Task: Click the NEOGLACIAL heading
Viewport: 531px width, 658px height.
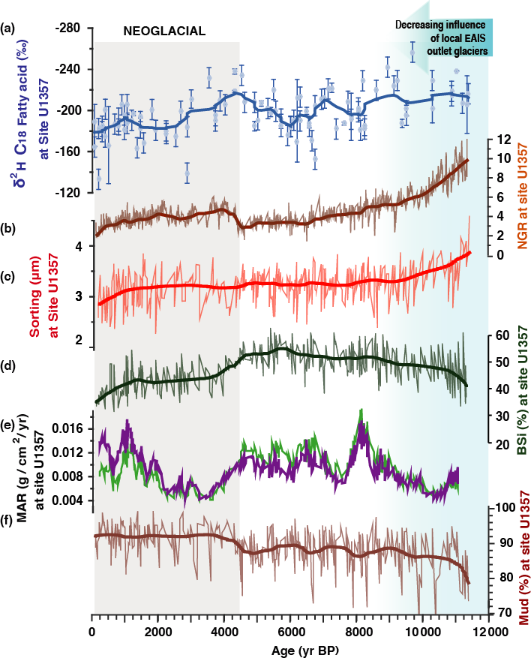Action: (x=163, y=30)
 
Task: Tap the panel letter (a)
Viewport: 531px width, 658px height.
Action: (x=9, y=29)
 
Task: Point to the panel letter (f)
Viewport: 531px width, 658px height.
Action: (x=8, y=517)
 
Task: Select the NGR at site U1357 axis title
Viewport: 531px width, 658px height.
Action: (x=522, y=197)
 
